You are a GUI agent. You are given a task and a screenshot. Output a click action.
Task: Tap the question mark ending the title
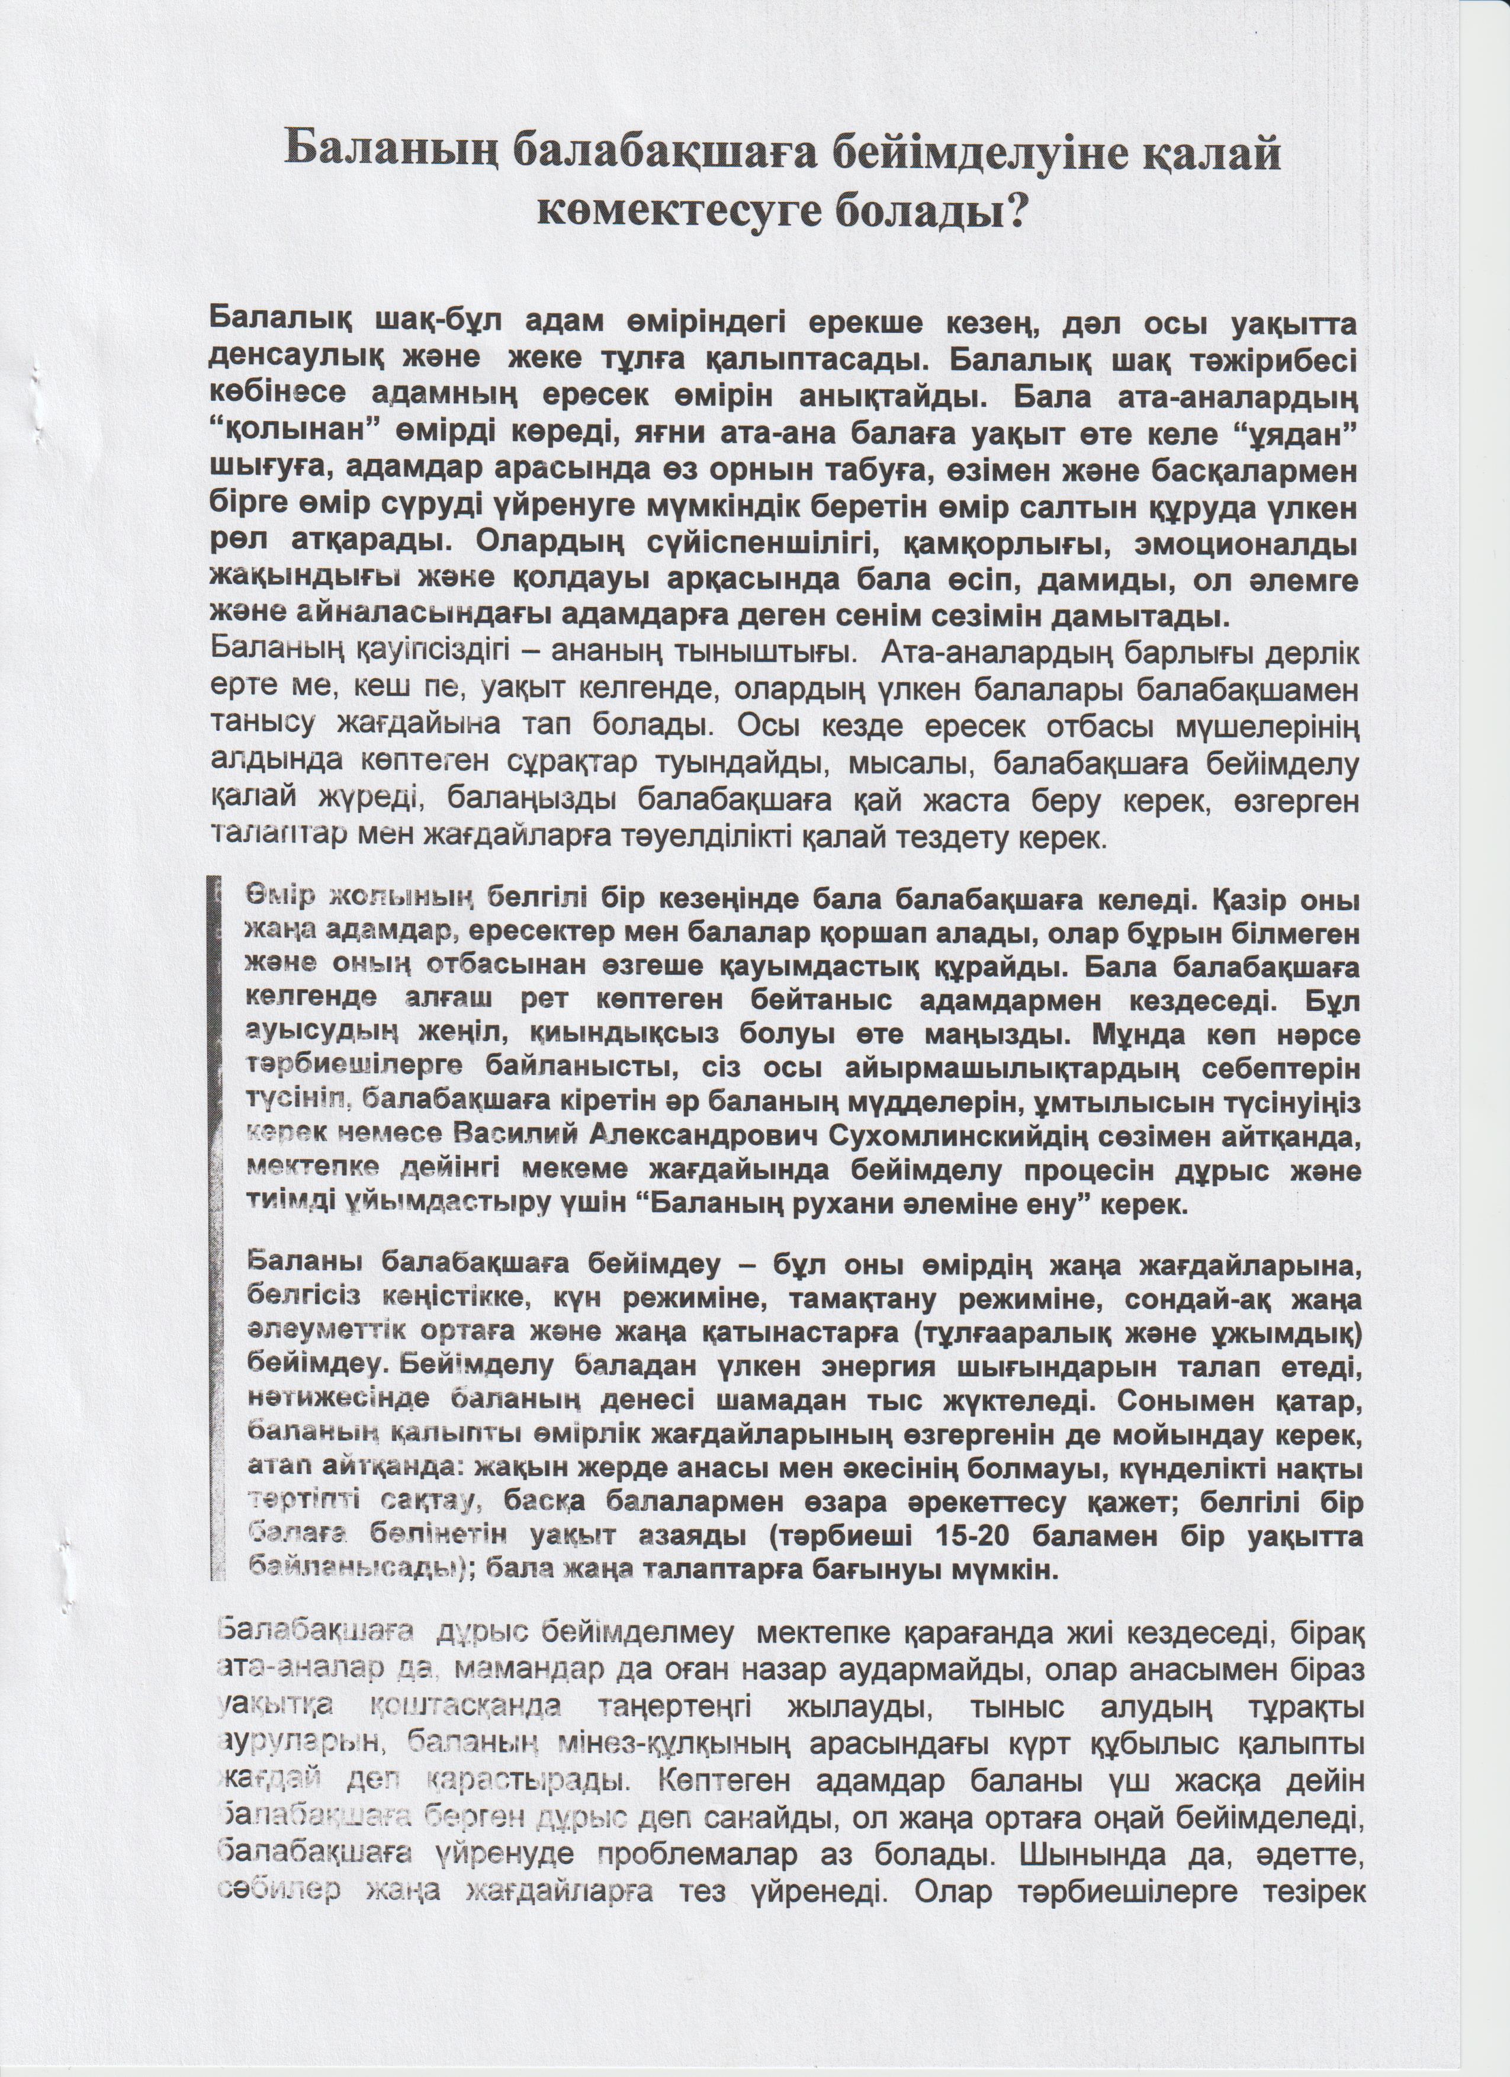point(1011,213)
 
